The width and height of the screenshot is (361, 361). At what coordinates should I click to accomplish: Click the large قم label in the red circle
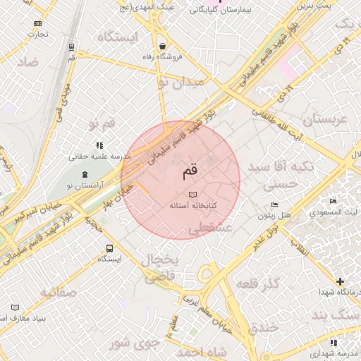pos(191,171)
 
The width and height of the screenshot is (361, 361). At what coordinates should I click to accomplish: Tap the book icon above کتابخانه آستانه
pos(192,195)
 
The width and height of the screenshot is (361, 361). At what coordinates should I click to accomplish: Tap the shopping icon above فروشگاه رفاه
pos(163,46)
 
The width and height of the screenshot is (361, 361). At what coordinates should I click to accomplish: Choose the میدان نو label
pos(180,82)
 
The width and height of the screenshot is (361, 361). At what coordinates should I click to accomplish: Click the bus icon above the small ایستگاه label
pos(109,248)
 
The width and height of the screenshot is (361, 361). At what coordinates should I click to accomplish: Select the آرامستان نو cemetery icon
pos(85,174)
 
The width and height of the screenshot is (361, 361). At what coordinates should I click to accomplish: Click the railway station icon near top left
pos(71,47)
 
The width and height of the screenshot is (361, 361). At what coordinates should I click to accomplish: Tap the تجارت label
pos(37,34)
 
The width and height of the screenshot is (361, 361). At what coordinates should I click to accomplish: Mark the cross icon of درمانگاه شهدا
pos(341,281)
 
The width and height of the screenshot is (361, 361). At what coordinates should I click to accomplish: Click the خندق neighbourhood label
pos(264,327)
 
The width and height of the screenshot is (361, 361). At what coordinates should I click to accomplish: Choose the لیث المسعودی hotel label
pos(334,212)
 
